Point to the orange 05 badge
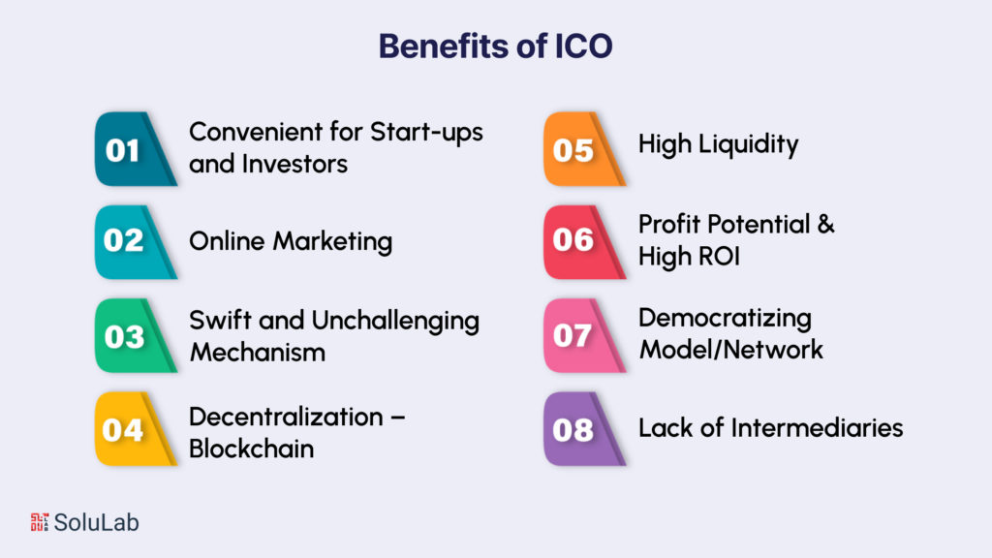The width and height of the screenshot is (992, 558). [574, 150]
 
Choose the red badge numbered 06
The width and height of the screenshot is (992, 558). [574, 241]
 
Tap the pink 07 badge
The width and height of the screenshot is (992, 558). [574, 336]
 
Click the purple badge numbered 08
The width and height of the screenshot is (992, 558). [574, 429]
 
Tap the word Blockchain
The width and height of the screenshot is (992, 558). [251, 449]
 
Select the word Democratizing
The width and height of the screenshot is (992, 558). [725, 318]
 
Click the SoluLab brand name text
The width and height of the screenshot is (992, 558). [97, 523]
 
